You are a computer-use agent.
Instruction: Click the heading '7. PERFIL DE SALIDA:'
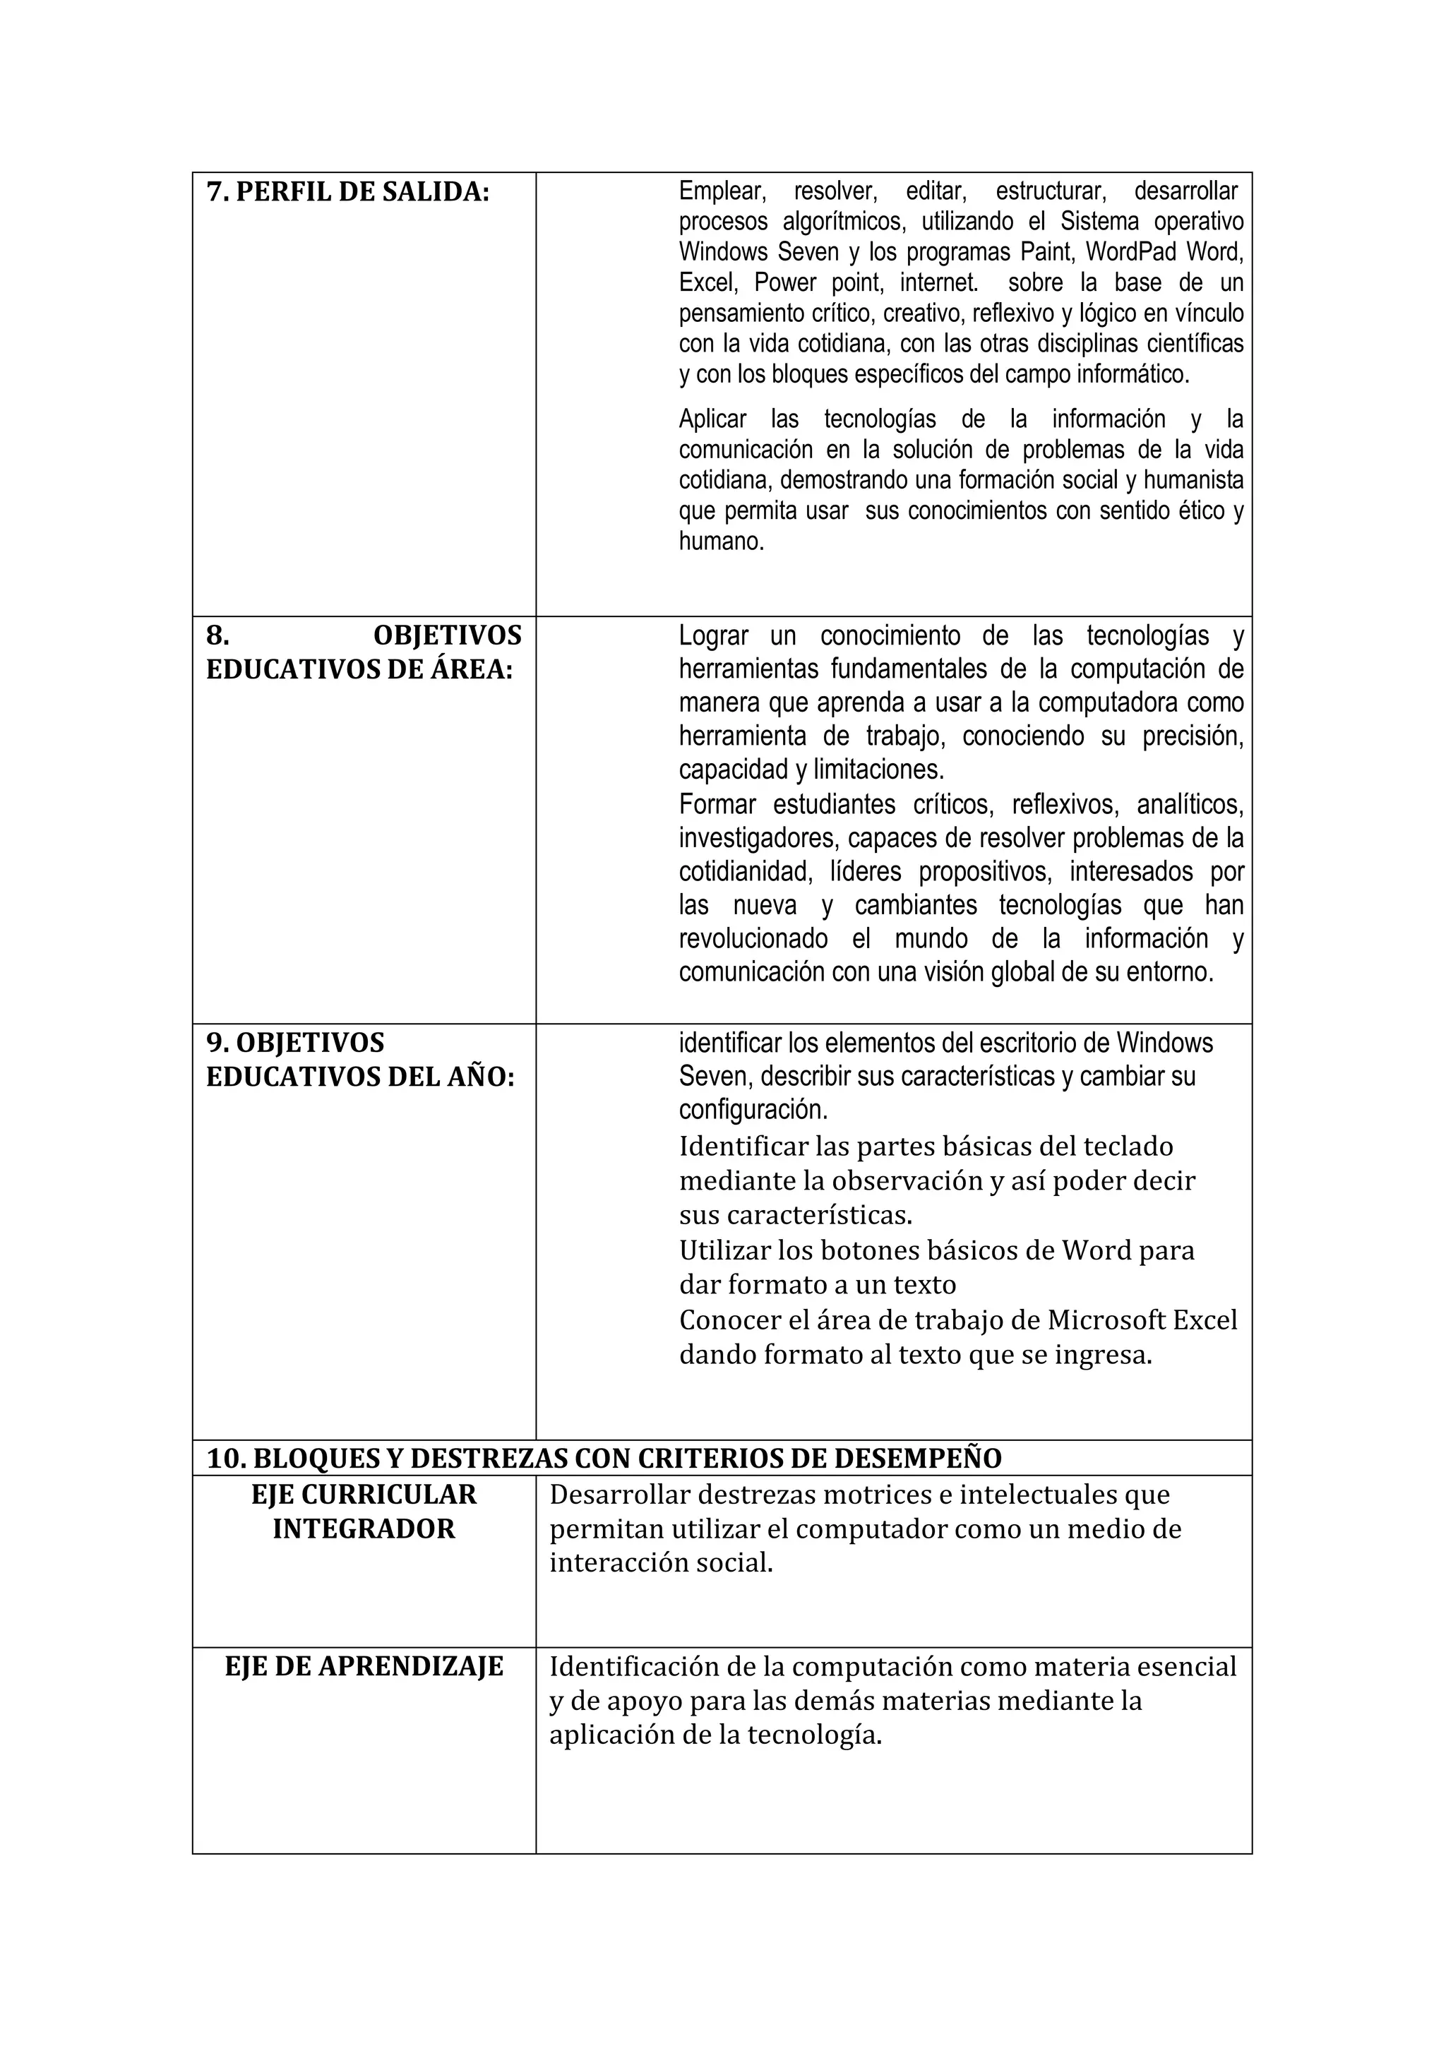[347, 193]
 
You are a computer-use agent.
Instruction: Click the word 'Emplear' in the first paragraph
[722, 191]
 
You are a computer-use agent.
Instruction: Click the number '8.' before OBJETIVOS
[217, 635]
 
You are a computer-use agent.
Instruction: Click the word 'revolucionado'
[753, 938]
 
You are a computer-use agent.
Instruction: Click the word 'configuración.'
[753, 1111]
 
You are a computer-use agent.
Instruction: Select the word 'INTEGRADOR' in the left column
[364, 1529]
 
